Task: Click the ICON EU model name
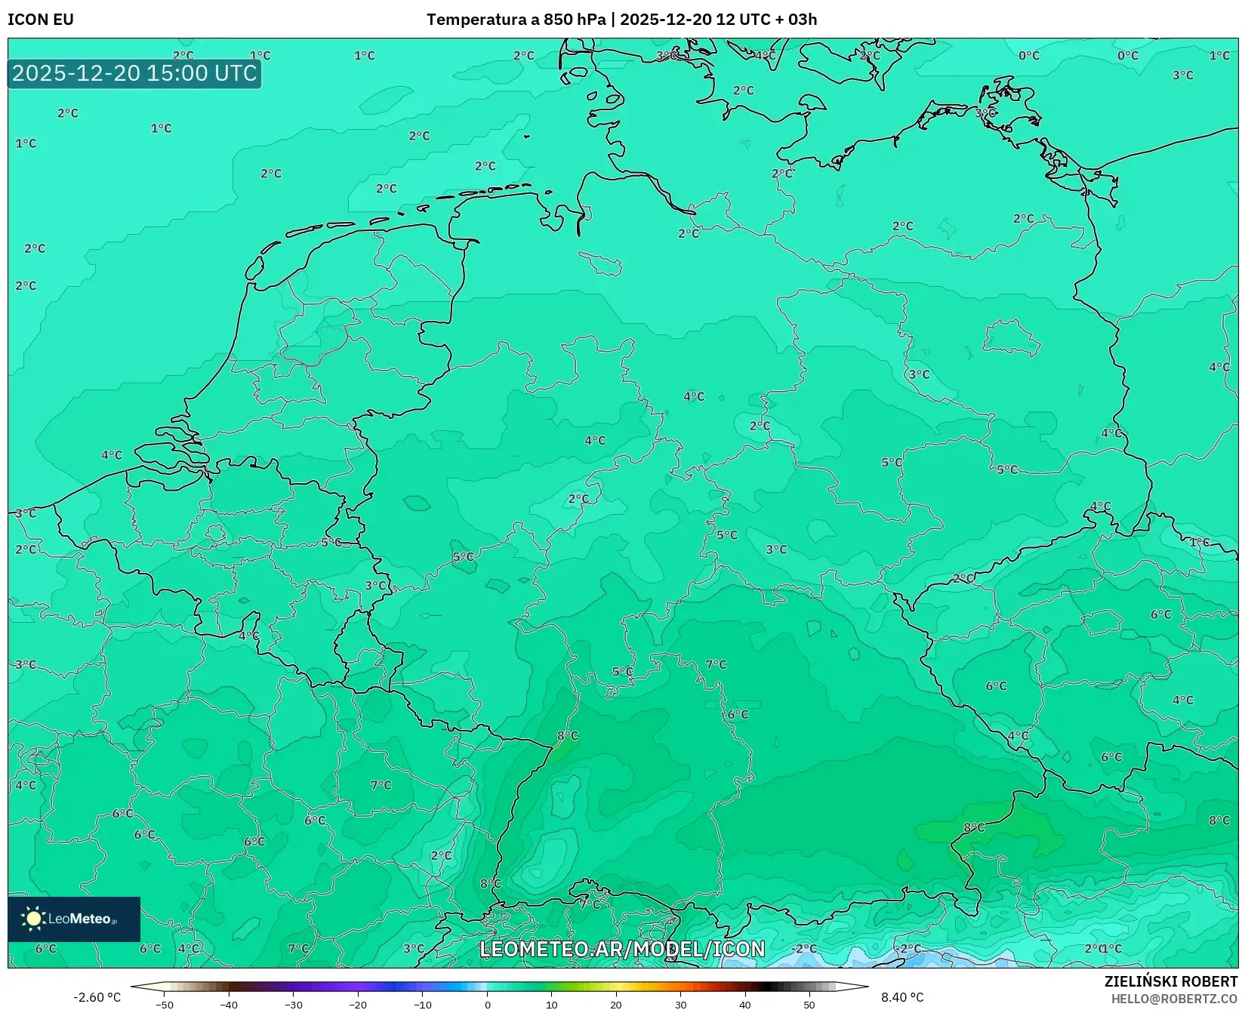[x=41, y=20]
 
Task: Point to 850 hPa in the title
[x=575, y=20]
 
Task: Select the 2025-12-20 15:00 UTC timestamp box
[x=134, y=73]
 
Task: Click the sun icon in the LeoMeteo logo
[x=33, y=918]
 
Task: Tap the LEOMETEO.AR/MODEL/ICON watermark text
[x=622, y=949]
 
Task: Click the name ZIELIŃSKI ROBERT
[x=1171, y=981]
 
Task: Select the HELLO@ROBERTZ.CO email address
[x=1174, y=999]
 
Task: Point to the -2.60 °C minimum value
[x=97, y=997]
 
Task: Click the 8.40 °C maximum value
[x=902, y=997]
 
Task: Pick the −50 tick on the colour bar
[x=164, y=1004]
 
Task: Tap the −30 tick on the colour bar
[x=293, y=1004]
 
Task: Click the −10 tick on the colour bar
[x=422, y=1004]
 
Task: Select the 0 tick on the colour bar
[x=487, y=1004]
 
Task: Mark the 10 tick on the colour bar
[x=551, y=1004]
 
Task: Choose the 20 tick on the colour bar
[x=616, y=1004]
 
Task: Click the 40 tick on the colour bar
[x=745, y=1004]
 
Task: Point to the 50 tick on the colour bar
[x=809, y=1004]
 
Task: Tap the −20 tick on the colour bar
[x=358, y=1004]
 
